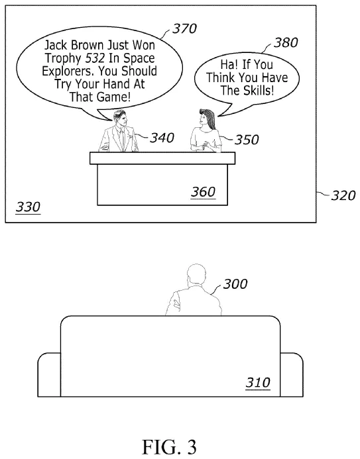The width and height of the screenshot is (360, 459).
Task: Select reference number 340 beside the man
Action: click(x=162, y=138)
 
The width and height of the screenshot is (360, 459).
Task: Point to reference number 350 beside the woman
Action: click(x=246, y=140)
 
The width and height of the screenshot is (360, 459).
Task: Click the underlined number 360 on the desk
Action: click(x=203, y=192)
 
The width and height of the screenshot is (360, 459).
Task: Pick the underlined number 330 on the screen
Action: click(x=27, y=207)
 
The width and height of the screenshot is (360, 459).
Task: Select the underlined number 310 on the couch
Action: click(x=258, y=383)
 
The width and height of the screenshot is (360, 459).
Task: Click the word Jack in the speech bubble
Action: click(x=56, y=46)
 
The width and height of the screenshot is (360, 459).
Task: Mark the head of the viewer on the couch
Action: click(x=196, y=274)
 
